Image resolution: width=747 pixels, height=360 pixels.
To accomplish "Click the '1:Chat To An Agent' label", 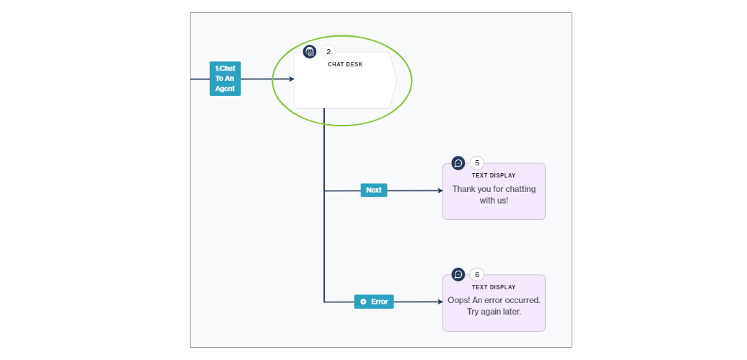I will pyautogui.click(x=224, y=79).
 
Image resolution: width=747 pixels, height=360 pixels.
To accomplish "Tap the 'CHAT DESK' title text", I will pyautogui.click(x=345, y=64).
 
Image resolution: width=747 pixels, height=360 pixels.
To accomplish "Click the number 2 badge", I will pyautogui.click(x=328, y=52).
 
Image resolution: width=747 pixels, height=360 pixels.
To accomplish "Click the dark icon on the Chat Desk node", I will pyautogui.click(x=310, y=52).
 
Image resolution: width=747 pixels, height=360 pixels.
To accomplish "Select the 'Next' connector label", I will pyautogui.click(x=374, y=190).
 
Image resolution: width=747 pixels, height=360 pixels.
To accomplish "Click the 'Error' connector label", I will pyautogui.click(x=374, y=302).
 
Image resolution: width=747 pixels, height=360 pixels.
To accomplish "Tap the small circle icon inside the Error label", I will pyautogui.click(x=363, y=302).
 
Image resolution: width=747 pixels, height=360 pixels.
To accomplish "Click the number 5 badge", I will pyautogui.click(x=477, y=163).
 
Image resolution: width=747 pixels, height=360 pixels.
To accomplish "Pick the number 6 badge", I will pyautogui.click(x=477, y=275).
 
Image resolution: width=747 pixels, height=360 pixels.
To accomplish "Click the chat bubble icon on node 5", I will pyautogui.click(x=458, y=163).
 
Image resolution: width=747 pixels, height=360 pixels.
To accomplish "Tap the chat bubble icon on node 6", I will pyautogui.click(x=458, y=275).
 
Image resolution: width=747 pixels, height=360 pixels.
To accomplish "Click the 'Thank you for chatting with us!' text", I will pyautogui.click(x=494, y=195).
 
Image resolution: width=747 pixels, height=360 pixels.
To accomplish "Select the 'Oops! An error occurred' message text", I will pyautogui.click(x=494, y=306).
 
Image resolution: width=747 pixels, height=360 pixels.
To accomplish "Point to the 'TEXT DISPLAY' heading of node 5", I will pyautogui.click(x=494, y=175).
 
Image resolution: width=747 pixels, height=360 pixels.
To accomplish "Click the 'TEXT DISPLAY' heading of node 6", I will pyautogui.click(x=494, y=287).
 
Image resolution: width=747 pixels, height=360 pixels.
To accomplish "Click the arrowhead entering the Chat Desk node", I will pyautogui.click(x=291, y=79).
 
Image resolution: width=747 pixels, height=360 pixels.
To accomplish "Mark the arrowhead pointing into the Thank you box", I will pyautogui.click(x=439, y=191).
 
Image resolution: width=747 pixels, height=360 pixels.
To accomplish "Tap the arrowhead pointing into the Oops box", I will pyautogui.click(x=439, y=302).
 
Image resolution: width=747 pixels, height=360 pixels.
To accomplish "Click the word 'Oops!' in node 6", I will pyautogui.click(x=459, y=300).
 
